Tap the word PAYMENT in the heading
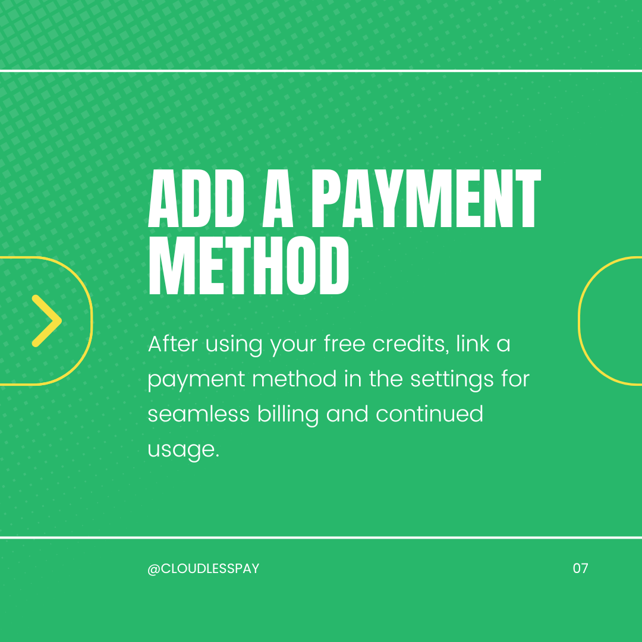click(426, 198)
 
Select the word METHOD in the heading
click(248, 265)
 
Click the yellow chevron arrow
click(47, 321)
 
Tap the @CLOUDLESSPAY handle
click(203, 568)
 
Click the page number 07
click(580, 568)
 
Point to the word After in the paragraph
click(173, 344)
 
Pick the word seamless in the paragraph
click(199, 414)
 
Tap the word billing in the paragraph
click(288, 414)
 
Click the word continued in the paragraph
click(430, 414)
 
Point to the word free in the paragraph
click(344, 344)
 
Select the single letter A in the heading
click(278, 198)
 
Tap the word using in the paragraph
click(234, 345)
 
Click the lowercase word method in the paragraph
click(294, 379)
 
